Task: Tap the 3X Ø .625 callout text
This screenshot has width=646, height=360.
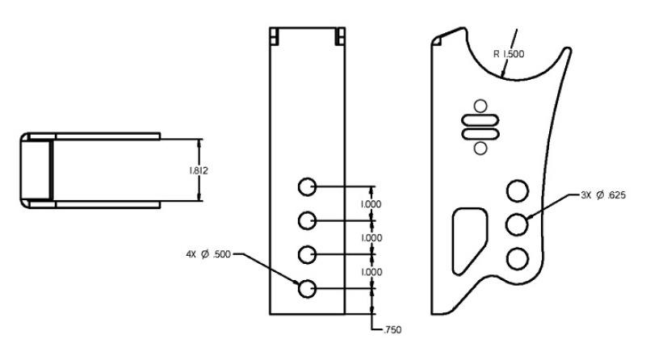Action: click(603, 195)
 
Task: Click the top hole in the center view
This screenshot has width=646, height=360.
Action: click(307, 187)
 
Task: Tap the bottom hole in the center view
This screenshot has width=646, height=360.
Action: click(307, 288)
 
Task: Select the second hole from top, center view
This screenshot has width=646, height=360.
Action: click(307, 220)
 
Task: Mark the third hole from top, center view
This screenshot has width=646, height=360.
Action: click(307, 254)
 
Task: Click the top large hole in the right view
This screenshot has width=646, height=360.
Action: click(517, 191)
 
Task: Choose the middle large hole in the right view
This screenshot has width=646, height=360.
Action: click(517, 224)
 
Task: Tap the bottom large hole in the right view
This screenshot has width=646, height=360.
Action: click(517, 257)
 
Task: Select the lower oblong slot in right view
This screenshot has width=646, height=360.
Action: click(480, 132)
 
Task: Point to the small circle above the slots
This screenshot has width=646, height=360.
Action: click(480, 105)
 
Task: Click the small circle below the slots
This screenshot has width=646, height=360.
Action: click(480, 147)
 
